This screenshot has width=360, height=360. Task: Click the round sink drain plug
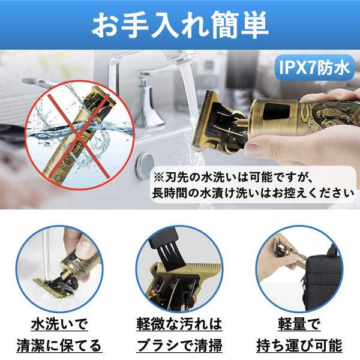click(x=145, y=163)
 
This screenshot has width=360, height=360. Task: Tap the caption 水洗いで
click(x=58, y=325)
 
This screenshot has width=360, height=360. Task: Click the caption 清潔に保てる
click(x=58, y=346)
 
